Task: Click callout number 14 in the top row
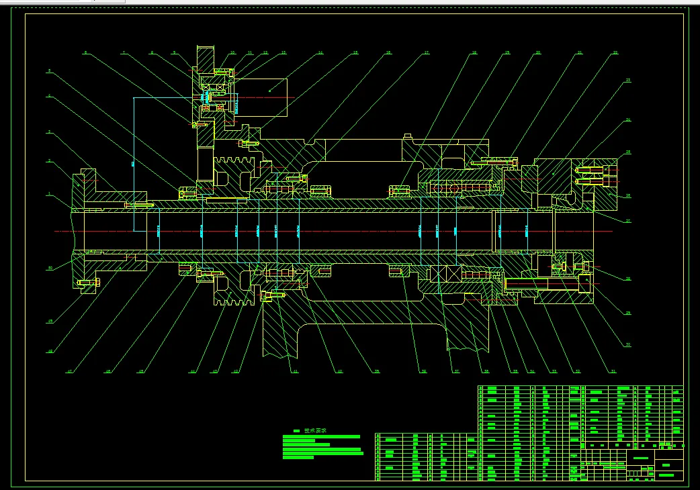(320, 52)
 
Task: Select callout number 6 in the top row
(85, 52)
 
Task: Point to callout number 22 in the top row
(615, 52)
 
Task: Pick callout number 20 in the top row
(537, 52)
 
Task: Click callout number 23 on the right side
(628, 81)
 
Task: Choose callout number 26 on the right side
(628, 196)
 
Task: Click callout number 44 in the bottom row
(191, 371)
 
